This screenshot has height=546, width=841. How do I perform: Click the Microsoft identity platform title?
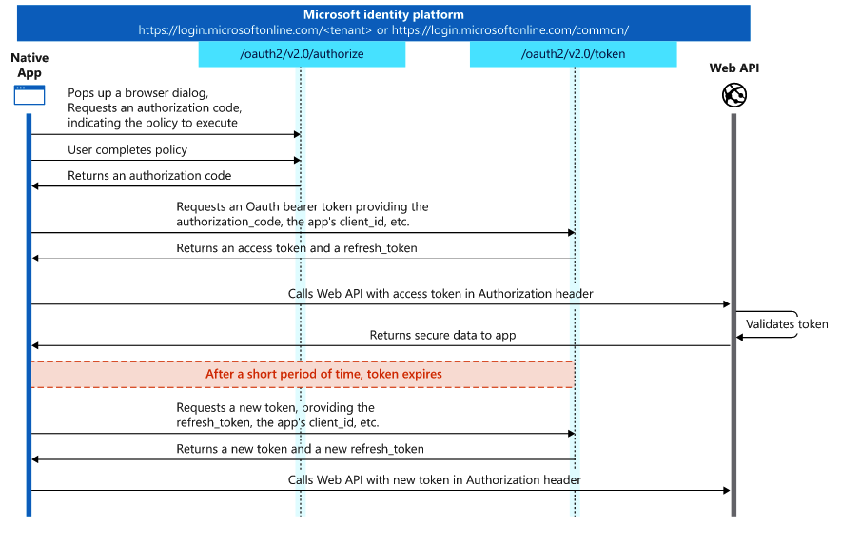point(382,14)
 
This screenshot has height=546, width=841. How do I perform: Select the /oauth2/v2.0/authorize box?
point(302,54)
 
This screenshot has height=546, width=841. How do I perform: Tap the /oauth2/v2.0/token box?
point(573,54)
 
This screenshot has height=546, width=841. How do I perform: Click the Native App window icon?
point(29,95)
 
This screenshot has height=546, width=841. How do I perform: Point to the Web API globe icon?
point(733,95)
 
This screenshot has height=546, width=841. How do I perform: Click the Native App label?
point(29,66)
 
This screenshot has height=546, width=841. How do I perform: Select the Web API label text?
point(734,68)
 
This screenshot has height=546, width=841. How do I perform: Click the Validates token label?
point(787,324)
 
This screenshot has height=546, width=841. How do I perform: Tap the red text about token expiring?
point(323,374)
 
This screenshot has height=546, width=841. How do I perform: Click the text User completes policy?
point(127,150)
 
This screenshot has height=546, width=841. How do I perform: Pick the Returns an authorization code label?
point(149,176)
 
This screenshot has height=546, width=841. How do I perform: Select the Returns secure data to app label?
point(442,335)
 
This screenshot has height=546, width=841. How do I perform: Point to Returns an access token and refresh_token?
point(296,248)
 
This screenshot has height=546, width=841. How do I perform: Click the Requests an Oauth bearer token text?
point(303,207)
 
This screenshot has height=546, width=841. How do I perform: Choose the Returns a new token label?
point(300,449)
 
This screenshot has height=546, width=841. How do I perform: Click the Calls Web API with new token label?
point(434,480)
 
